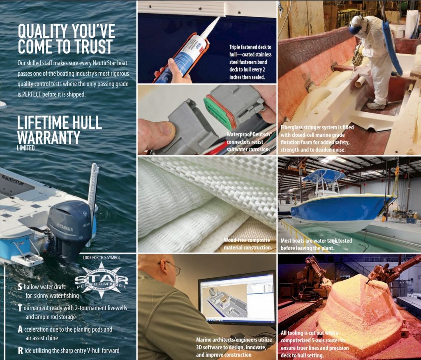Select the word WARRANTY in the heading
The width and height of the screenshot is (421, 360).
pos(49,137)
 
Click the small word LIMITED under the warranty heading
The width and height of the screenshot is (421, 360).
pos(26,148)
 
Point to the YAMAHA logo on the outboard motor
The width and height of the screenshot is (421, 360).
pos(65,227)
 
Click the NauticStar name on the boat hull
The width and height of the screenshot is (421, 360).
pos(13,180)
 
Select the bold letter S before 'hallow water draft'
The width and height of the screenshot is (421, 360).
pos(20,287)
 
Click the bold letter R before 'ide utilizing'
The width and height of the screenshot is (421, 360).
pos(21,350)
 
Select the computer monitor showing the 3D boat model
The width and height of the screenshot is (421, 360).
pos(237,298)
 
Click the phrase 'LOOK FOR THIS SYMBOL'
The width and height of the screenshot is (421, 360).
pos(102,258)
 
